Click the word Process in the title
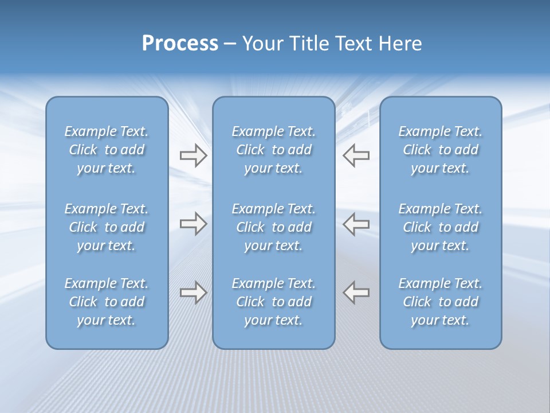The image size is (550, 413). coord(180,44)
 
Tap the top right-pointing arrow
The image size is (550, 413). coord(193,155)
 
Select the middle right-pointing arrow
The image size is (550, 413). coord(193,224)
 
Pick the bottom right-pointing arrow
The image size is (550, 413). coord(193,292)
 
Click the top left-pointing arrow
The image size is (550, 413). coord(356,155)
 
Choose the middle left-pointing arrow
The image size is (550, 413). coord(356,224)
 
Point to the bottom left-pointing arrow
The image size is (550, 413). coord(356,292)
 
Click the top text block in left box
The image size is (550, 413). coord(107,150)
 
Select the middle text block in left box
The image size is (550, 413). coord(107,227)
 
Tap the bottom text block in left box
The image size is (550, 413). coord(107,302)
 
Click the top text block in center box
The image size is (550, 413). coord(273,150)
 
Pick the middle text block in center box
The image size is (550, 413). coord(273,227)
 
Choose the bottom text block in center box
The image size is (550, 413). coord(273,302)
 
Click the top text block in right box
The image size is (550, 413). coord(441,150)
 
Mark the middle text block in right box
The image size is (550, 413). coord(441,227)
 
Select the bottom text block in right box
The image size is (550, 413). coord(441,302)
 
